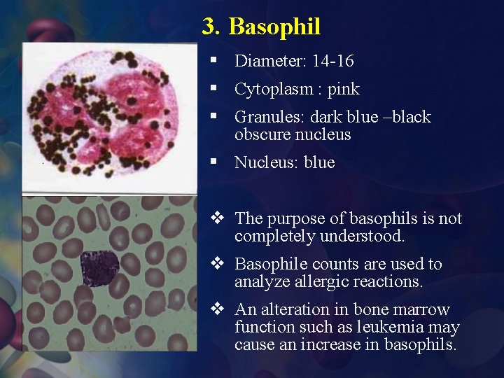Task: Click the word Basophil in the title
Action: (x=274, y=27)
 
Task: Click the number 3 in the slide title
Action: (x=209, y=27)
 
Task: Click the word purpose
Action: (x=292, y=219)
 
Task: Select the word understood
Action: (x=362, y=237)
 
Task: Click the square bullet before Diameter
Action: (x=212, y=62)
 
